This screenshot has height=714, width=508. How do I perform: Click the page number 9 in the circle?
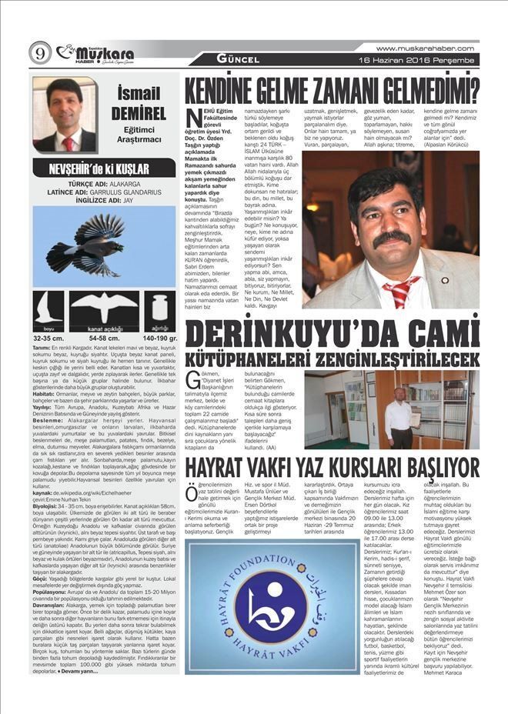click(39, 53)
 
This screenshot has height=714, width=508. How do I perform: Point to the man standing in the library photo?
click(399, 419)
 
